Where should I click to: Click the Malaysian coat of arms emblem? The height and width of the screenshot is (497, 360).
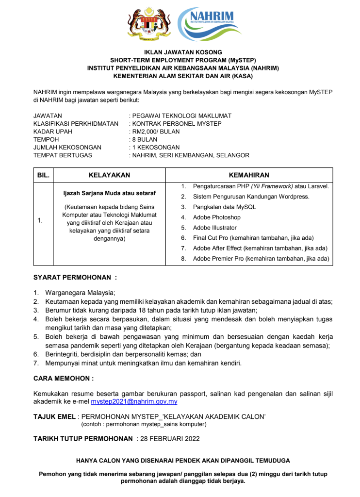coord(150,24)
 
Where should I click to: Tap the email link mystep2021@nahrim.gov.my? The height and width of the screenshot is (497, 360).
coord(134,402)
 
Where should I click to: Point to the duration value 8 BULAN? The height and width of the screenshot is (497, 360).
coord(144,139)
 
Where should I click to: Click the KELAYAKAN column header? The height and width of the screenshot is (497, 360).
coord(109,175)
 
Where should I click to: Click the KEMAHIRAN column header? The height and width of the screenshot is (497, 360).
coord(249,175)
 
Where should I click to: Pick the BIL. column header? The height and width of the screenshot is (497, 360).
coord(44,175)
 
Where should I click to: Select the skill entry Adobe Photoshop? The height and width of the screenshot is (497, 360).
coord(216,217)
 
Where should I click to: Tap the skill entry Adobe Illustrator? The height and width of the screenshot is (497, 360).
coord(215,228)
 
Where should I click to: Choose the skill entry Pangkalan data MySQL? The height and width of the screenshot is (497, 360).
coord(224,207)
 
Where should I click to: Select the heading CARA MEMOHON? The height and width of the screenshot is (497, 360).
coord(63,378)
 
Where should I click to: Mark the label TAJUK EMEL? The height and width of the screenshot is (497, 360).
coord(55,417)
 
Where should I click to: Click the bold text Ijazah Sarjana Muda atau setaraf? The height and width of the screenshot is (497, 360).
coord(109,192)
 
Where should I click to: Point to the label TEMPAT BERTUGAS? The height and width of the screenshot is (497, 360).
coord(63,155)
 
